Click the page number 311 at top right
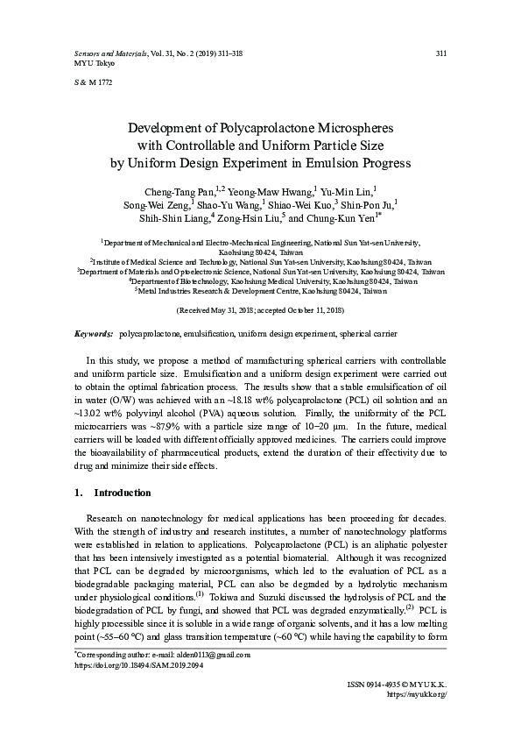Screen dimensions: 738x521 pyautogui.click(x=441, y=54)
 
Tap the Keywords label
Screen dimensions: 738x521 pyautogui.click(x=94, y=335)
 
